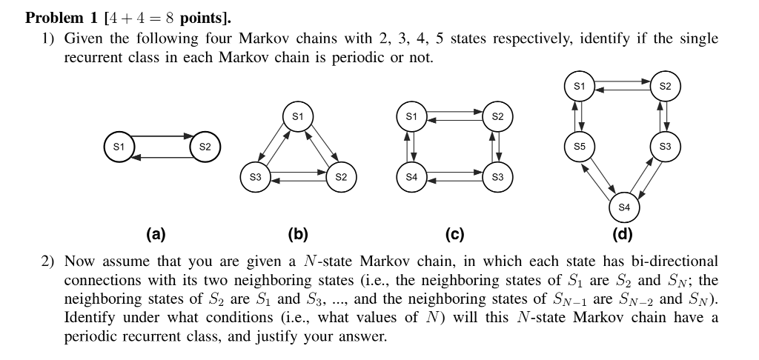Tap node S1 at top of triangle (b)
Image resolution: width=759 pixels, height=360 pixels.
[x=297, y=117]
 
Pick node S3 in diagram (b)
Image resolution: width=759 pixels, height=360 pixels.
[x=255, y=177]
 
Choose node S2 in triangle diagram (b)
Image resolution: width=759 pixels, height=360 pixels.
[x=340, y=177]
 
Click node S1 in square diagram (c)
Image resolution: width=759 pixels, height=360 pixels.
[x=411, y=117]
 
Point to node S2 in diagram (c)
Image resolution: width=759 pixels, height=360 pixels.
[x=497, y=117]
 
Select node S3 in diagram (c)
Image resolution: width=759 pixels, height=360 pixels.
[x=497, y=177]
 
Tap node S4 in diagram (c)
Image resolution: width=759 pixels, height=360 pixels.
[x=411, y=177]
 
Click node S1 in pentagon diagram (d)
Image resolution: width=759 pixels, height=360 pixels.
[x=580, y=87]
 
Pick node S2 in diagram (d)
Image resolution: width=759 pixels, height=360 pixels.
[x=665, y=87]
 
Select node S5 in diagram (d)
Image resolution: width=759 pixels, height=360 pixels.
[x=580, y=147]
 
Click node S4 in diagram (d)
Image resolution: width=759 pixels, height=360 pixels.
[x=623, y=207]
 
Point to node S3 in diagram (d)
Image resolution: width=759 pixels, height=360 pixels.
[x=665, y=147]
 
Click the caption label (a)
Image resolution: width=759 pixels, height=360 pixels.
[x=155, y=235]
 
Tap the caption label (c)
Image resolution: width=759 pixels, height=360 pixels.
[x=454, y=235]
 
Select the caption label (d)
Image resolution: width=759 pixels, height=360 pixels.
[x=623, y=235]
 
